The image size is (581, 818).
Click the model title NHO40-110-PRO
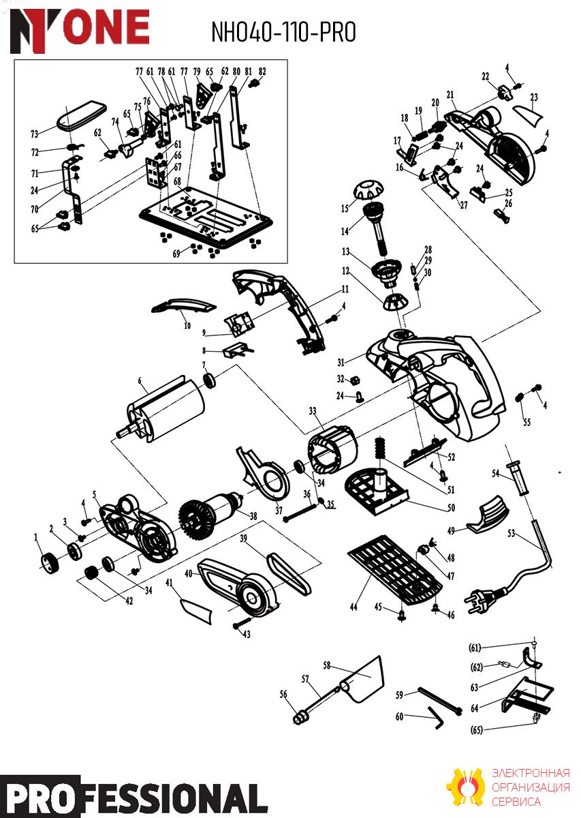(283, 32)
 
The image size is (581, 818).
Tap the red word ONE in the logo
(105, 27)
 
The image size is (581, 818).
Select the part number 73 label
(34, 134)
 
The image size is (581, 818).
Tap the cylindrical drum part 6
(161, 410)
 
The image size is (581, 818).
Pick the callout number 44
(354, 607)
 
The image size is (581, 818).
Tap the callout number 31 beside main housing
(341, 362)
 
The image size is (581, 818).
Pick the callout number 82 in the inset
(262, 72)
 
